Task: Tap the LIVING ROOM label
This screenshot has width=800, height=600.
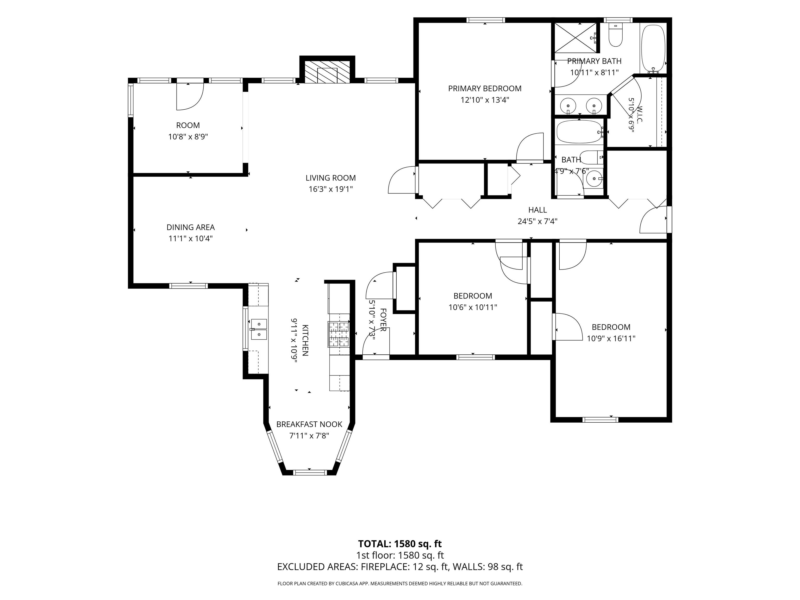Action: coord(330,178)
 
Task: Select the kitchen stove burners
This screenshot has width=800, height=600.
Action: coord(339,334)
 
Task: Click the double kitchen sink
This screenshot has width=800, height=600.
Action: coord(259,329)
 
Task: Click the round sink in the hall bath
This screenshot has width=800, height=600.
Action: coord(593,178)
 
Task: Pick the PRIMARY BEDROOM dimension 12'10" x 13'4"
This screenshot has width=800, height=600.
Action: coord(485,100)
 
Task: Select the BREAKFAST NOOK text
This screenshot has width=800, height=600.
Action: coord(309,424)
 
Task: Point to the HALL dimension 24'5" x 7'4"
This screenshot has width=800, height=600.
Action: coord(537,221)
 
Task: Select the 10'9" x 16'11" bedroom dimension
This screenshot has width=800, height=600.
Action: coord(611,339)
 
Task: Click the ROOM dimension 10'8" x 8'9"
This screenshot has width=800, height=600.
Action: coord(188,137)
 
